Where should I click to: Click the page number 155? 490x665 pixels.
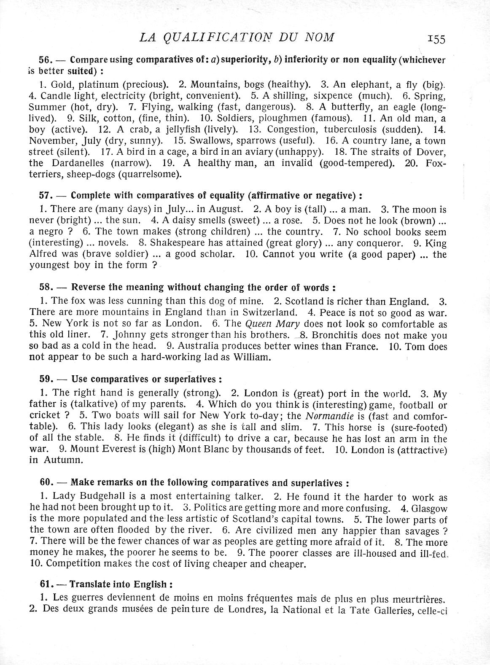coord(436,39)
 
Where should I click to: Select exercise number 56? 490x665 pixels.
coord(45,60)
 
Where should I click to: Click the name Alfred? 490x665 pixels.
coord(43,254)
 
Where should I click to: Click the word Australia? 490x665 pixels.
coord(200,346)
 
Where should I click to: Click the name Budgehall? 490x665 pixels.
coord(105,497)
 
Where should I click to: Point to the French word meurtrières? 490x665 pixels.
coord(419,598)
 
